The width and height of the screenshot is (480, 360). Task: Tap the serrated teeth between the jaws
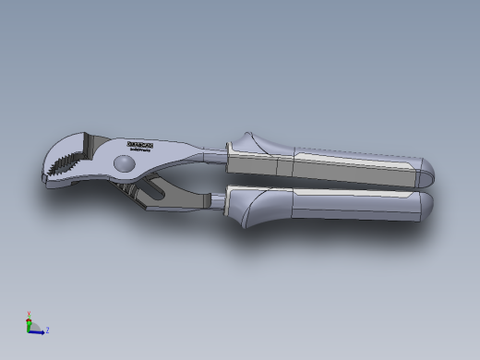(x=66, y=165)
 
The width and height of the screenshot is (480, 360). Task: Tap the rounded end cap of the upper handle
(x=427, y=170)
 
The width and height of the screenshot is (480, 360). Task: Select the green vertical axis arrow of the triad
(x=30, y=322)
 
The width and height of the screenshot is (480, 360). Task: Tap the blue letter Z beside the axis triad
(x=47, y=330)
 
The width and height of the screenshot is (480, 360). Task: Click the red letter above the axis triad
(x=30, y=312)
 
